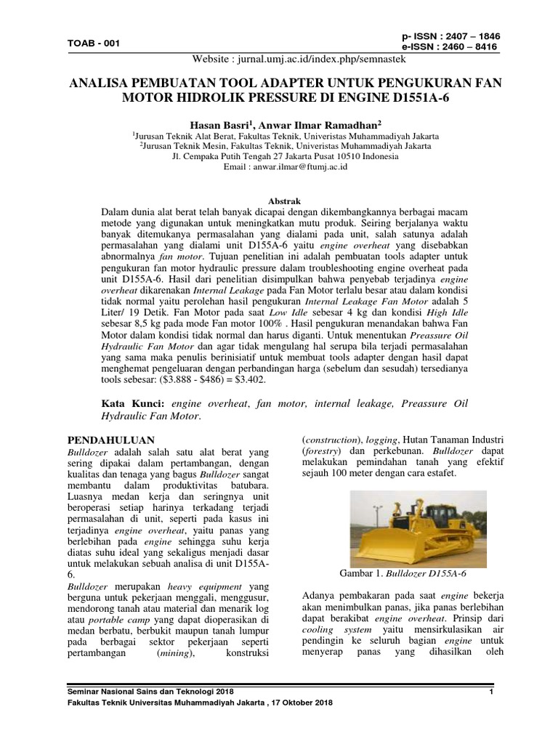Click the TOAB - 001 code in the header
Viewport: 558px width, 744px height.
tap(94, 43)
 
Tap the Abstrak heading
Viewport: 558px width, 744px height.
tap(279, 201)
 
